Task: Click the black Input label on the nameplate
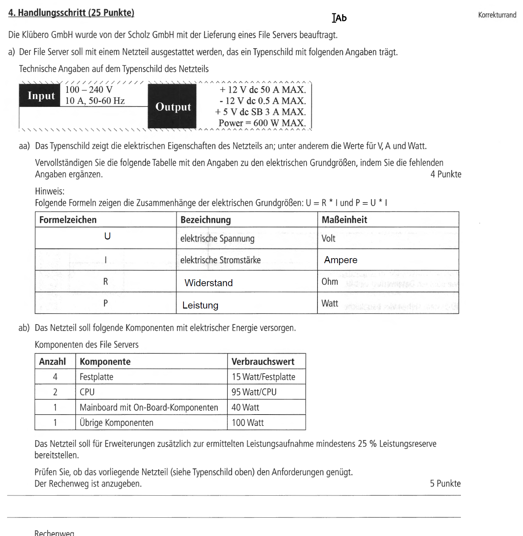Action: point(41,96)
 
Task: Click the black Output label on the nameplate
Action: point(172,107)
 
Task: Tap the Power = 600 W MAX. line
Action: point(262,123)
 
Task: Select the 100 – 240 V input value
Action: point(89,90)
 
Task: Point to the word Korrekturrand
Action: point(497,15)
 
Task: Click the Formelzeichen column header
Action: point(68,220)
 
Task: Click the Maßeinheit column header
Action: point(344,220)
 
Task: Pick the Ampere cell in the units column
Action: point(341,260)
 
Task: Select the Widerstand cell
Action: point(208,283)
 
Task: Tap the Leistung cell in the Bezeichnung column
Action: point(200,305)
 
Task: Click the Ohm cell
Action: point(330,282)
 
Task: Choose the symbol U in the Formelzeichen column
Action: point(107,236)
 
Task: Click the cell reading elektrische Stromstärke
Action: point(220,260)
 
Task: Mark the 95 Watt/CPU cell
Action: point(254,392)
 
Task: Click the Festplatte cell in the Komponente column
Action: point(96,377)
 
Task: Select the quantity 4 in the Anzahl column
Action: point(55,377)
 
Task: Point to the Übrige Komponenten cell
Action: point(116,423)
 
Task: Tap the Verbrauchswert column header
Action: point(263,362)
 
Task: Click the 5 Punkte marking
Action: point(445,484)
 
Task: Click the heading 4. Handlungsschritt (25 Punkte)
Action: point(71,13)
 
